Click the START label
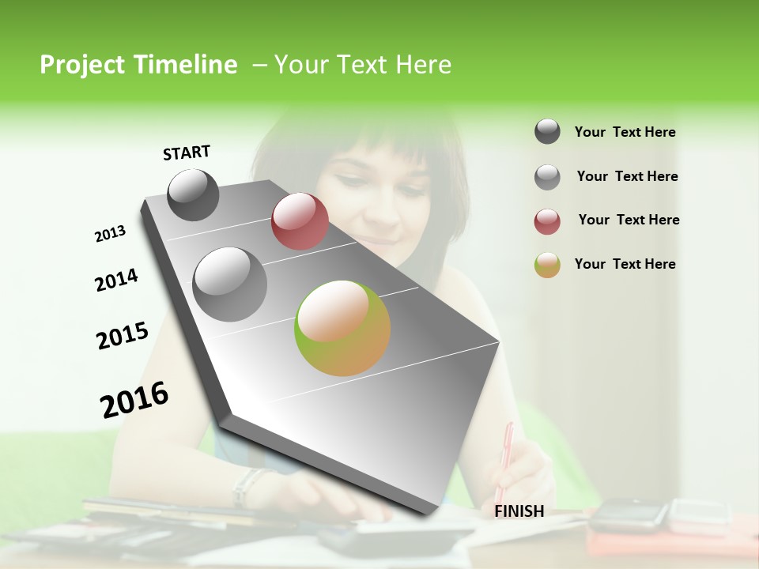(187, 153)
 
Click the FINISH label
(519, 511)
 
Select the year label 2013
(110, 234)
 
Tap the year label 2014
(116, 281)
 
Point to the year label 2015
(123, 336)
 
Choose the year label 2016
(134, 399)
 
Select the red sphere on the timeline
(300, 221)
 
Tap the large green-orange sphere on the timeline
(342, 328)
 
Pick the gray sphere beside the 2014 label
(229, 284)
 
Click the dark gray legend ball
(547, 131)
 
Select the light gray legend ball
(547, 177)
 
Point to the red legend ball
(547, 221)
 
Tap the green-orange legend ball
(547, 265)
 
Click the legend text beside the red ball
(629, 220)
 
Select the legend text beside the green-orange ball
(625, 264)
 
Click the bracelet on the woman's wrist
(244, 486)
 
